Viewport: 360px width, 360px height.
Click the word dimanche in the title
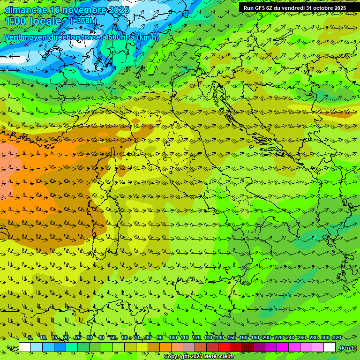point(26,10)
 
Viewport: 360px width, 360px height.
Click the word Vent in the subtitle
point(14,37)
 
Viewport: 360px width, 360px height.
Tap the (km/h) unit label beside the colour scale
point(347,348)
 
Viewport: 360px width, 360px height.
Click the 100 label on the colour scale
point(173,337)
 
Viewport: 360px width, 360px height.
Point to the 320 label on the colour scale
point(337,337)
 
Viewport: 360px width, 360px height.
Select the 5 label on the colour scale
point(30,337)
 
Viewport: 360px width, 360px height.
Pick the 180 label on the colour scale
point(255,337)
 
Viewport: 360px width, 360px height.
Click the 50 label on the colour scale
point(113,337)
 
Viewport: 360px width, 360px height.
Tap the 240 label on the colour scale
point(290,337)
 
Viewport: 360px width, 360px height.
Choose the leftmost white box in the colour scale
point(25,347)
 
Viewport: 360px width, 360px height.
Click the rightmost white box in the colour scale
point(330,347)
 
